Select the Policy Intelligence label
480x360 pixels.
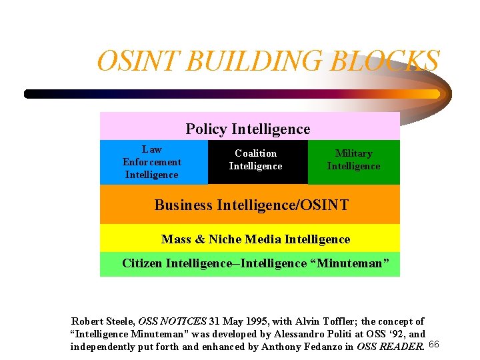point(247,129)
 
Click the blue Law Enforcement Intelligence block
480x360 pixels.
point(153,162)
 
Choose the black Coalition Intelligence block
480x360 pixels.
point(257,160)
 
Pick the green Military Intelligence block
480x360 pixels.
point(353,160)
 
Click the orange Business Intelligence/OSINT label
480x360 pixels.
point(251,205)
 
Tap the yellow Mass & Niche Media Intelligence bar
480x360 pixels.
point(255,239)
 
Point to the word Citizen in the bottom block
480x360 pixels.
point(141,263)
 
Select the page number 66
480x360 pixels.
point(433,344)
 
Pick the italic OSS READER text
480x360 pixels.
point(390,346)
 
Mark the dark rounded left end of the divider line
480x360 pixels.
point(29,94)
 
